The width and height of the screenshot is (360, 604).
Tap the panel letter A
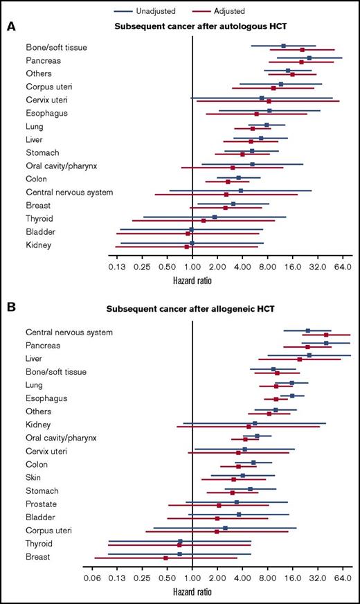pyautogui.click(x=11, y=27)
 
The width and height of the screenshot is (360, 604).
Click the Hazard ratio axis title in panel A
pyautogui.click(x=192, y=281)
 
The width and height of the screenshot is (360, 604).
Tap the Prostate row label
pyautogui.click(x=41, y=504)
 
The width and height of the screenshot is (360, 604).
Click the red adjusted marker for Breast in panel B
pyautogui.click(x=165, y=558)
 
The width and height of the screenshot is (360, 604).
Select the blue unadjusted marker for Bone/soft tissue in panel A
pyautogui.click(x=283, y=46)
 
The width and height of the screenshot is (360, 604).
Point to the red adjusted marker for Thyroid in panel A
pyautogui.click(x=204, y=221)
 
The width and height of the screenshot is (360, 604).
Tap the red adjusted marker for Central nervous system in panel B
pyautogui.click(x=325, y=335)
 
